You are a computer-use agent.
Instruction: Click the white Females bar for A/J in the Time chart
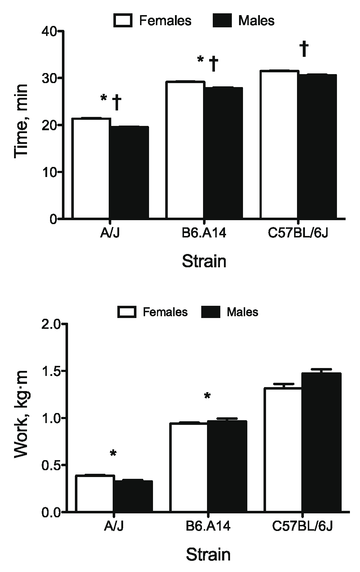[x=91, y=168]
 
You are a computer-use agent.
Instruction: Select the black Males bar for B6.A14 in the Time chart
[x=223, y=153]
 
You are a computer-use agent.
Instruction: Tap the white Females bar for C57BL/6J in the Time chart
[x=280, y=145]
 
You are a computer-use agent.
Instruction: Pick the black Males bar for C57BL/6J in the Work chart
[x=321, y=442]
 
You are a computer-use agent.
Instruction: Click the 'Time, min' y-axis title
[x=22, y=121]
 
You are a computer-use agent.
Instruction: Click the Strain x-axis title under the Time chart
[x=204, y=261]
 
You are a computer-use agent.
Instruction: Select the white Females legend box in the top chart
[x=123, y=21]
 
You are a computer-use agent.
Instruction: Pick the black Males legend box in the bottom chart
[x=210, y=312]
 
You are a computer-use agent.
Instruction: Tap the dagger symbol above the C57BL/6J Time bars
[x=304, y=49]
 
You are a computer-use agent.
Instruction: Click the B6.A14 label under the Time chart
[x=204, y=234]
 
